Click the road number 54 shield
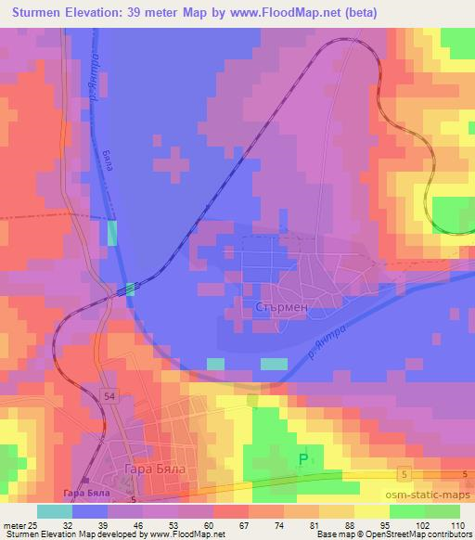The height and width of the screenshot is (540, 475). point(110,397)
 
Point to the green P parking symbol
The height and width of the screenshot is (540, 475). point(303,457)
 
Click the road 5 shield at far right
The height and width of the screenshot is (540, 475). point(464,474)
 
